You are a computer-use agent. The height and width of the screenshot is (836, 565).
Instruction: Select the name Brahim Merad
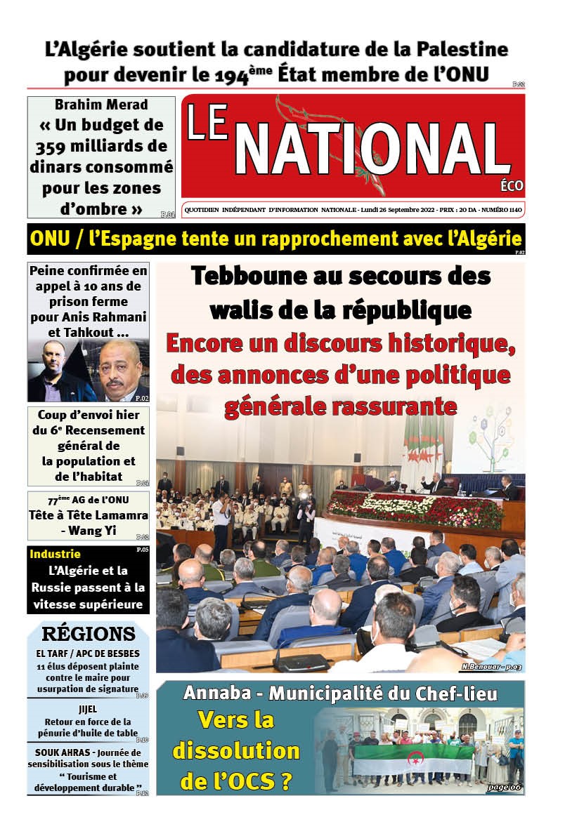[101, 105]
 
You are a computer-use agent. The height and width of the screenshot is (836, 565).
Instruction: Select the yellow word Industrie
[55, 554]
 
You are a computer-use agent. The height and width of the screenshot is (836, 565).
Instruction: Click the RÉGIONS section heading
[89, 634]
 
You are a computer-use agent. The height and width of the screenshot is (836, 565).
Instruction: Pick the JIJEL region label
[88, 709]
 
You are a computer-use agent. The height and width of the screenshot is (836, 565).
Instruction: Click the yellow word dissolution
[236, 751]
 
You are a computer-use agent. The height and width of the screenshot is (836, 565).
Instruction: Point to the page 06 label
[505, 787]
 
